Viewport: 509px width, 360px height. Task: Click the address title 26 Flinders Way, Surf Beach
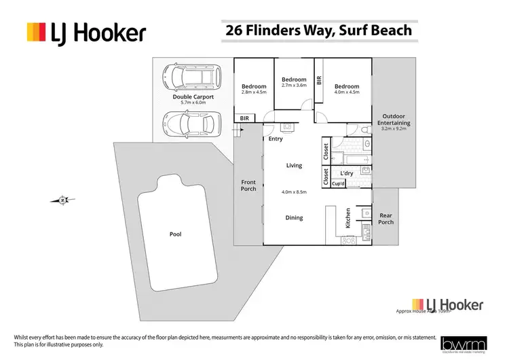(x=317, y=31)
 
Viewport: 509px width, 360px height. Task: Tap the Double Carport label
(x=193, y=97)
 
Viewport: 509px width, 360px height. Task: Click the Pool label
(x=175, y=234)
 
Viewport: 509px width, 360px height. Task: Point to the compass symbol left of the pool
(x=62, y=200)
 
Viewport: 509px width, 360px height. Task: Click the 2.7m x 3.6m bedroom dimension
(x=294, y=86)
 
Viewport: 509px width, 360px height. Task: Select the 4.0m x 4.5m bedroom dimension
(x=346, y=93)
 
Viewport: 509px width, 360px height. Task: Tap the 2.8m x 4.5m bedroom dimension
(x=254, y=93)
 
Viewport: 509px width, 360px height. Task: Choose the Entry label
(x=276, y=139)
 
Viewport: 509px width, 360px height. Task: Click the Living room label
(x=294, y=165)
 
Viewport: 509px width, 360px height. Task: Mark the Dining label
(x=294, y=218)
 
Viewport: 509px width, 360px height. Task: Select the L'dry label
(x=346, y=174)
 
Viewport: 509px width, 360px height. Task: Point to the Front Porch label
(x=248, y=185)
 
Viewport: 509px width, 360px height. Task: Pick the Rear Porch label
(x=385, y=218)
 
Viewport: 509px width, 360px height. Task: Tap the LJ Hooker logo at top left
(x=86, y=32)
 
